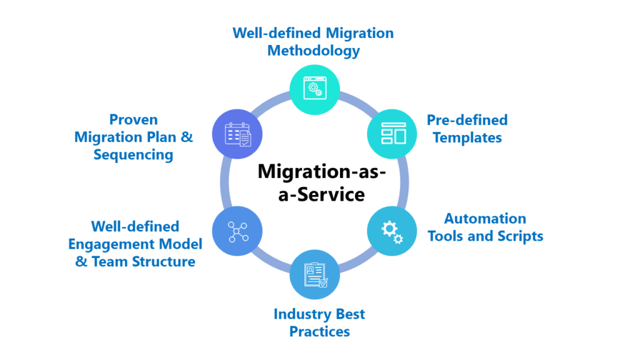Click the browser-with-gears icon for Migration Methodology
click(x=315, y=87)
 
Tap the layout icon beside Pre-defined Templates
click(x=394, y=134)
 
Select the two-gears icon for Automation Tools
click(x=392, y=232)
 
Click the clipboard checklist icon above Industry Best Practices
click(x=316, y=275)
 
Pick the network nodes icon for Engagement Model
click(x=237, y=232)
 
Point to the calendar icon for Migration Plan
click(x=238, y=134)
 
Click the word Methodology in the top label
click(x=314, y=51)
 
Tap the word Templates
click(x=467, y=137)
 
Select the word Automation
click(x=485, y=218)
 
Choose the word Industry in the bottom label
click(x=299, y=314)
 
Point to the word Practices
click(x=319, y=331)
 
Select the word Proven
click(x=134, y=119)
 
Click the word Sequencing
click(x=134, y=155)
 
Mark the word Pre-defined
click(x=467, y=119)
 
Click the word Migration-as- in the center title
click(x=322, y=171)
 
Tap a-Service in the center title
click(x=322, y=194)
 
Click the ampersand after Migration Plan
click(x=186, y=137)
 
